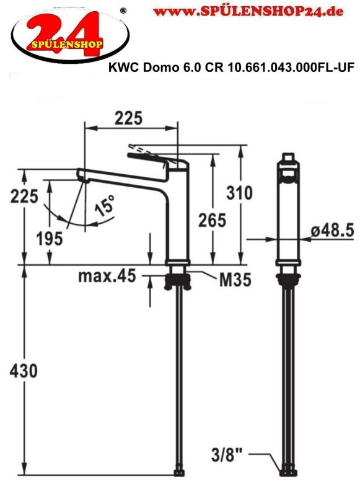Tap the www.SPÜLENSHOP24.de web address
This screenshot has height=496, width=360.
pos(248,11)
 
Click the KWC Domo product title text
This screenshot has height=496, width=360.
pos(231,68)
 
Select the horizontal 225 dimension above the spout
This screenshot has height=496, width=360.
pos(129,118)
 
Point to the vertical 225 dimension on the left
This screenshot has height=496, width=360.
pos(24,196)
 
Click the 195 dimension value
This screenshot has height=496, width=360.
pos(50,239)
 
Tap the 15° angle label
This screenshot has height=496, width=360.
pos(105,206)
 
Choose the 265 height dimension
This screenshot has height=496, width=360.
pos(212,220)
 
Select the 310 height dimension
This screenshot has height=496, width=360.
pos(240,193)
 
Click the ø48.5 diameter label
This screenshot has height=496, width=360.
pos(333,231)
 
